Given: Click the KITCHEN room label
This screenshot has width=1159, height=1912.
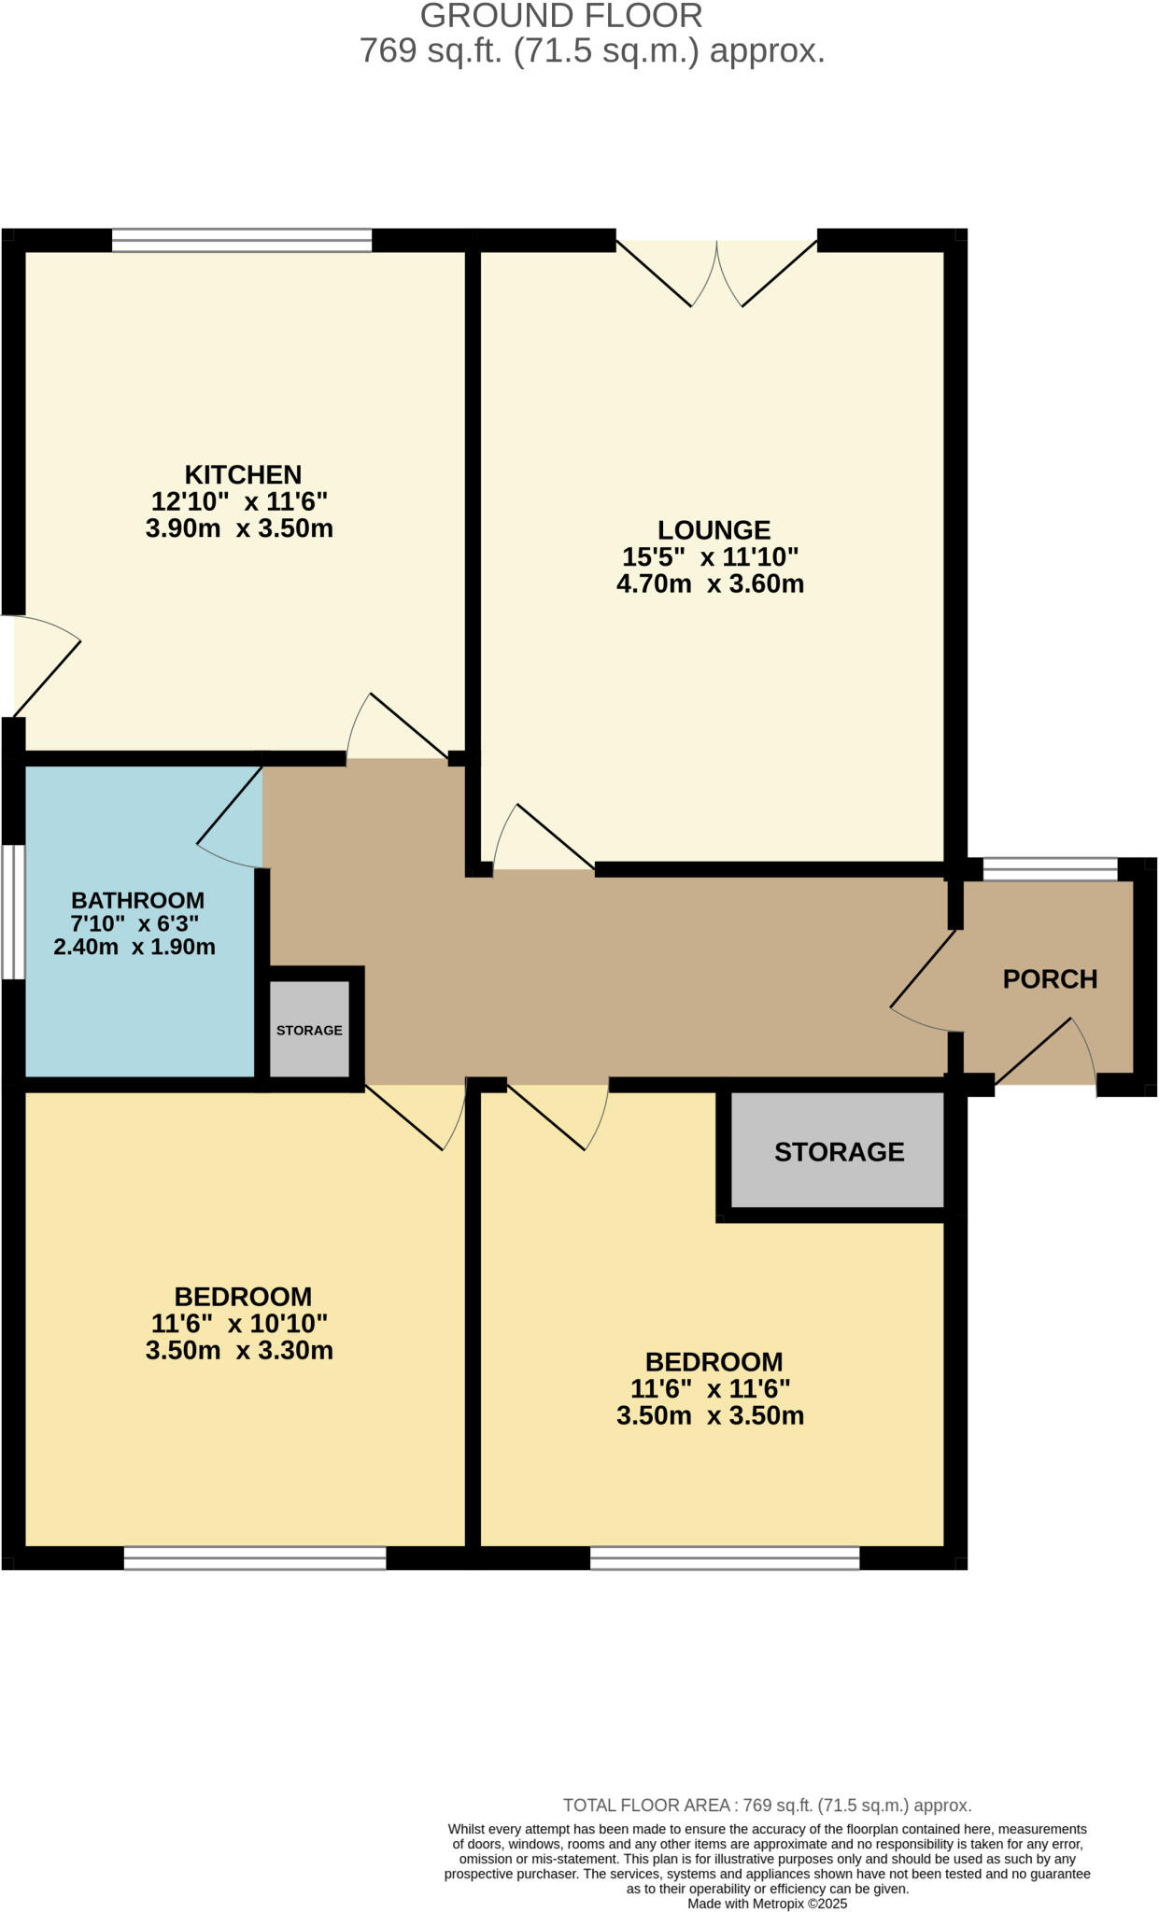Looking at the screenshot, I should tap(243, 474).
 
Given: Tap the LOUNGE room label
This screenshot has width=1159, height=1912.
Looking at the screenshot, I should tap(714, 530).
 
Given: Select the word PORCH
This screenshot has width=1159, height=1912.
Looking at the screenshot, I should tap(1050, 979).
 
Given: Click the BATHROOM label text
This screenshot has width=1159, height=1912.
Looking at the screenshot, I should tap(138, 901).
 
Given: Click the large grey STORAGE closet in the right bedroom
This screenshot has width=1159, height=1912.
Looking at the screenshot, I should tap(838, 1152).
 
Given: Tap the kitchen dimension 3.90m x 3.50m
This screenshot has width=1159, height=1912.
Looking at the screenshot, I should tap(239, 528).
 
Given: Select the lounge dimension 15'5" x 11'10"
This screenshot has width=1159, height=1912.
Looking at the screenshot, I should tap(710, 557).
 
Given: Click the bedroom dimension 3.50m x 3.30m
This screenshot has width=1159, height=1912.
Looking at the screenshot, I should tap(239, 1351).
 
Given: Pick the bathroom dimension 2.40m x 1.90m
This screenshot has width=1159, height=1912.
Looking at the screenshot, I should tap(134, 947).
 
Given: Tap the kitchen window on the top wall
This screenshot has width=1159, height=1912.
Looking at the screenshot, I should tap(242, 241).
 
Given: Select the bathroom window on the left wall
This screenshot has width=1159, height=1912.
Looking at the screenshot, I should tap(13, 912).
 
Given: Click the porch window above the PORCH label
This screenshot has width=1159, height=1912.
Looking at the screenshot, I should tap(1050, 870).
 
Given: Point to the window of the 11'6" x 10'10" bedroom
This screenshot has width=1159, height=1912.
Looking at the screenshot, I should tap(255, 1557).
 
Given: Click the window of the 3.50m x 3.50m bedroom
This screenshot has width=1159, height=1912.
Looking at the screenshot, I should tap(725, 1557).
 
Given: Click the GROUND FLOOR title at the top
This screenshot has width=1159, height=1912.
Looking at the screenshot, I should tap(561, 16).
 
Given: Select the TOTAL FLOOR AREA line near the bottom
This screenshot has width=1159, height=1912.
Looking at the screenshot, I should tap(767, 1806).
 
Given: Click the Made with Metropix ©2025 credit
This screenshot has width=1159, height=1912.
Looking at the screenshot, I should tap(767, 1904).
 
